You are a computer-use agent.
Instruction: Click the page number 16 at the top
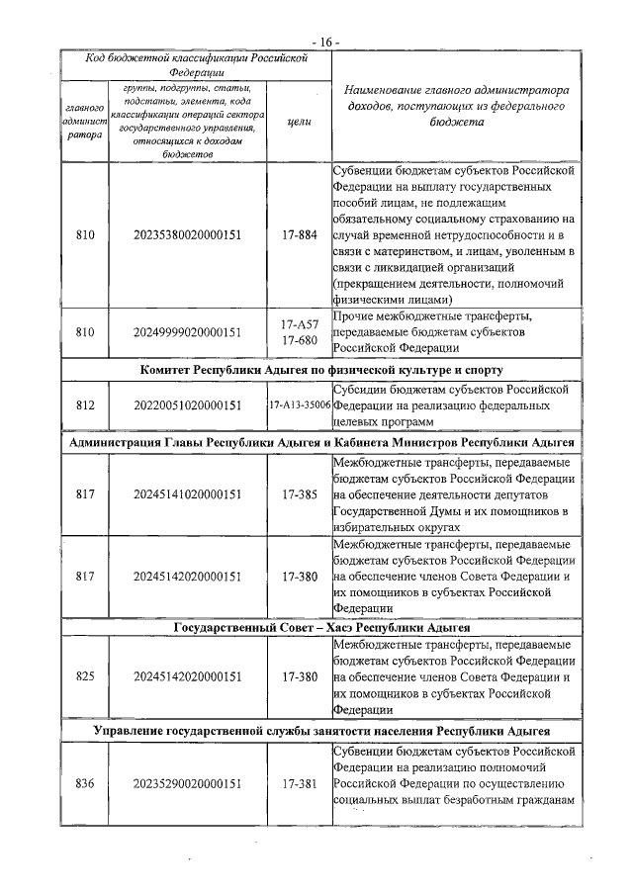coord(324,42)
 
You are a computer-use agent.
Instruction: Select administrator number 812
coord(85,405)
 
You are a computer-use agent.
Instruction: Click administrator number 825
coord(85,677)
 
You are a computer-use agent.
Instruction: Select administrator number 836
coord(85,783)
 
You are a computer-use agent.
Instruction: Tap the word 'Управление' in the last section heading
coord(133,732)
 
